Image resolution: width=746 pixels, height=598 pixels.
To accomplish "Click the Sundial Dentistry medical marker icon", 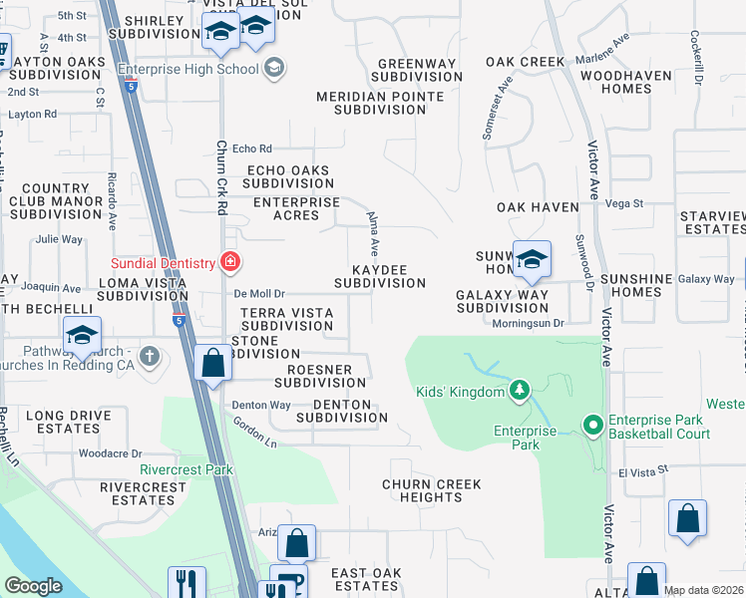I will pyautogui.click(x=230, y=262).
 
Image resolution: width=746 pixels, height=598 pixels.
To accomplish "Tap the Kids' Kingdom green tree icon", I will pyautogui.click(x=519, y=391).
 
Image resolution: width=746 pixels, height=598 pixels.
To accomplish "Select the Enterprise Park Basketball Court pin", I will pyautogui.click(x=592, y=426).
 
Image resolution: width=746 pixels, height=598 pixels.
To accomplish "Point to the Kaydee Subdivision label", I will pyautogui.click(x=380, y=276).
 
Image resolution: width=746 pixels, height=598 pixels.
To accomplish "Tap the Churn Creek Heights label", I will pyautogui.click(x=432, y=490).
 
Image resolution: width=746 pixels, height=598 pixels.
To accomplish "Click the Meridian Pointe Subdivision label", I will pyautogui.click(x=380, y=103).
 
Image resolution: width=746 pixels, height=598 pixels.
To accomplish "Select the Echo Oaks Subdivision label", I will pyautogui.click(x=288, y=176).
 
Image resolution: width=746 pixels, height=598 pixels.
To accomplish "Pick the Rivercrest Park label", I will pyautogui.click(x=186, y=469).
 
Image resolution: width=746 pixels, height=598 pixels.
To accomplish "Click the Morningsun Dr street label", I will pyautogui.click(x=531, y=323).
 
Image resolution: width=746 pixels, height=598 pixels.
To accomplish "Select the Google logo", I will pyautogui.click(x=33, y=585).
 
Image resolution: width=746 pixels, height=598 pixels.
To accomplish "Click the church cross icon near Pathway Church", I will pyautogui.click(x=150, y=356).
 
